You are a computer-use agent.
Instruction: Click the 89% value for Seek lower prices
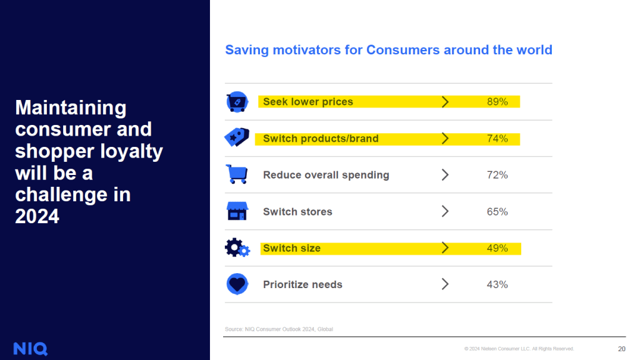pyautogui.click(x=497, y=102)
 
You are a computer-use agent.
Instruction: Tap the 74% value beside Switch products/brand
pyautogui.click(x=497, y=138)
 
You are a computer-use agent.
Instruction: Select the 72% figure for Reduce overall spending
pyautogui.click(x=497, y=175)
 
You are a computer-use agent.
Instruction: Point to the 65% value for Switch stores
pyautogui.click(x=497, y=211)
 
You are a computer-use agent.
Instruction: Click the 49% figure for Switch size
pyautogui.click(x=497, y=248)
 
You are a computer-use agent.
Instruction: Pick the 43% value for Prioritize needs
pyautogui.click(x=497, y=284)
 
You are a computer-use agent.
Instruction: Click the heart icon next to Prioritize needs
pyautogui.click(x=237, y=284)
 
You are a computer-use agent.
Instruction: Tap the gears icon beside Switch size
pyautogui.click(x=237, y=248)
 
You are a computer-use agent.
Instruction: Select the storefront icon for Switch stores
pyautogui.click(x=237, y=211)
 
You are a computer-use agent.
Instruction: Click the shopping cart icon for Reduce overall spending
pyautogui.click(x=237, y=174)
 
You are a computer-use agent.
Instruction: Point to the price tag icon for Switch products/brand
pyautogui.click(x=237, y=137)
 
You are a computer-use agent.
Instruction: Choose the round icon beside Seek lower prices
pyautogui.click(x=237, y=102)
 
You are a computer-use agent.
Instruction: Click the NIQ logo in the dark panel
pyautogui.click(x=30, y=348)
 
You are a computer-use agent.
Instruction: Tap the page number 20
pyautogui.click(x=621, y=349)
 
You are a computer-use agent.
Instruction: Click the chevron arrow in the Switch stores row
pyautogui.click(x=445, y=211)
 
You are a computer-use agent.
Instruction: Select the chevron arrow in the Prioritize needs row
pyautogui.click(x=445, y=284)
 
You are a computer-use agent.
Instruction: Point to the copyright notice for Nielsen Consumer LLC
pyautogui.click(x=519, y=349)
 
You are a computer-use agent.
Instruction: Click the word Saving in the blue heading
pyautogui.click(x=246, y=50)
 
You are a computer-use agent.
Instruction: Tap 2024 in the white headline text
pyautogui.click(x=37, y=216)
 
